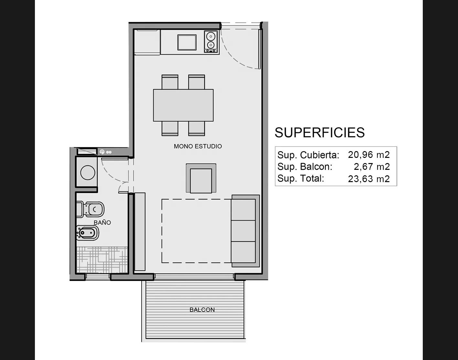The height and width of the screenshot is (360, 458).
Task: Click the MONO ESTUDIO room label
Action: point(198,146)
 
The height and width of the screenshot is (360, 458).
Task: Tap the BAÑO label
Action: point(102,222)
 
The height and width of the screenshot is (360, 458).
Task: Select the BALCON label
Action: point(202,310)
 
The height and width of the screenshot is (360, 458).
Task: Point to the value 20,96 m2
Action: point(368,155)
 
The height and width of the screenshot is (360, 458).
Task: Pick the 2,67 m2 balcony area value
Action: point(372,167)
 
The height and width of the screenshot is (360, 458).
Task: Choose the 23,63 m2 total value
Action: point(368,179)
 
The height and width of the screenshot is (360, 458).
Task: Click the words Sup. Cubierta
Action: point(308,155)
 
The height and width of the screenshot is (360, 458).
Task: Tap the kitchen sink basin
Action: point(187,43)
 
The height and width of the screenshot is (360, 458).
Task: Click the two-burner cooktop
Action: point(211,41)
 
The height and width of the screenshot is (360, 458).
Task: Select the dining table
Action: point(183,105)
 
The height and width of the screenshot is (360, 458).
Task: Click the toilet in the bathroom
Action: point(90,209)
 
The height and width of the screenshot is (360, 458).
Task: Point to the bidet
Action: point(88,233)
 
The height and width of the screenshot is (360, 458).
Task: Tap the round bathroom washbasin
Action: point(88,172)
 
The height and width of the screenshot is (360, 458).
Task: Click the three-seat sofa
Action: point(245,231)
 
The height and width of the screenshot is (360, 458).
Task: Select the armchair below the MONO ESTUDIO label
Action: point(201,178)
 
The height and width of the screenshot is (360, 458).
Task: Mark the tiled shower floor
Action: point(102,260)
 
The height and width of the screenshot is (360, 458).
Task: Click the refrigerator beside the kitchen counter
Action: point(147,42)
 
